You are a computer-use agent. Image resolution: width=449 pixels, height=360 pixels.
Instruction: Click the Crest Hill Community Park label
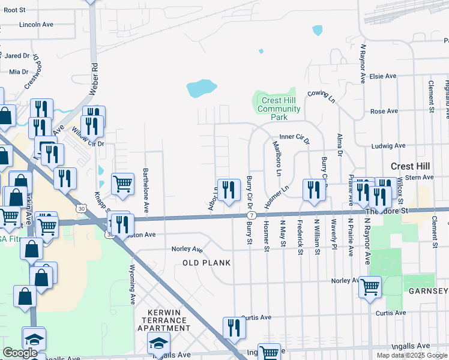click(279, 109)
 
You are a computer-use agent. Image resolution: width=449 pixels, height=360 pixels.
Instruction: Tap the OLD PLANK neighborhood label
click(207, 263)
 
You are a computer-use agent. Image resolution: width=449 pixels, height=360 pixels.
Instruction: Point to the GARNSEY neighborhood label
click(427, 291)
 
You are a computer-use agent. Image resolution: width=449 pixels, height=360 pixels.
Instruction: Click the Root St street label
click(14, 10)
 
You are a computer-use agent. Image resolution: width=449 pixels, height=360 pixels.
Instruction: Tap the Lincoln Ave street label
click(37, 25)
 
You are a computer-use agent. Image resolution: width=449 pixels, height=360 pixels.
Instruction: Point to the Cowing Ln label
click(321, 96)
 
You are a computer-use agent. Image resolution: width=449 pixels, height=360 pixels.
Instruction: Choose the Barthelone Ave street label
click(146, 190)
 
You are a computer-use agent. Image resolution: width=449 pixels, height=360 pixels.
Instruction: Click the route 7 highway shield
click(251, 215)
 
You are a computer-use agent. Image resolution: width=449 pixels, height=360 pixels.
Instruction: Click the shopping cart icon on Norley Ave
click(370, 286)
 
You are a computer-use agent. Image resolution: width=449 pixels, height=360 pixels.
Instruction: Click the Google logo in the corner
click(20, 353)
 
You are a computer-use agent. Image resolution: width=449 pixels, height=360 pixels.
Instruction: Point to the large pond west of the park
click(201, 89)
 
